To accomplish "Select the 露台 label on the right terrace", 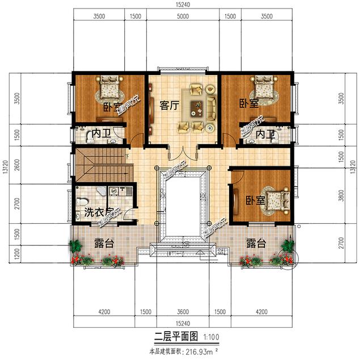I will (256, 244).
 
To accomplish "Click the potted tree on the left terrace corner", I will (75, 248).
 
